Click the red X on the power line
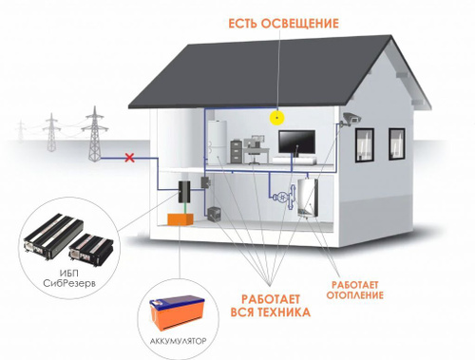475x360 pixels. point(129,158)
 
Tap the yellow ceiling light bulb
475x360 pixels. point(277,118)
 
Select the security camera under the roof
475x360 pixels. point(351,119)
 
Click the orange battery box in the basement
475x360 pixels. point(180,219)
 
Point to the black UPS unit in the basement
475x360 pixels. point(184,192)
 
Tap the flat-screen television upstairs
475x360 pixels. point(296,142)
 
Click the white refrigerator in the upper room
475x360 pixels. point(218,142)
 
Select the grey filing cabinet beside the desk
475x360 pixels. point(237,152)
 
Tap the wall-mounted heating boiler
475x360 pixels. point(308,199)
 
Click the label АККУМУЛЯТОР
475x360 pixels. point(178,341)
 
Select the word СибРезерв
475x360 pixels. point(69,283)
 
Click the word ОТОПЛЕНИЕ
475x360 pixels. point(354,295)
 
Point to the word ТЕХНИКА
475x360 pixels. point(283,313)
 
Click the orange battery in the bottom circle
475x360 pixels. point(177,313)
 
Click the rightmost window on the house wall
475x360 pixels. point(397,143)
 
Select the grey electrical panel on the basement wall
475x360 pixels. point(206,182)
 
